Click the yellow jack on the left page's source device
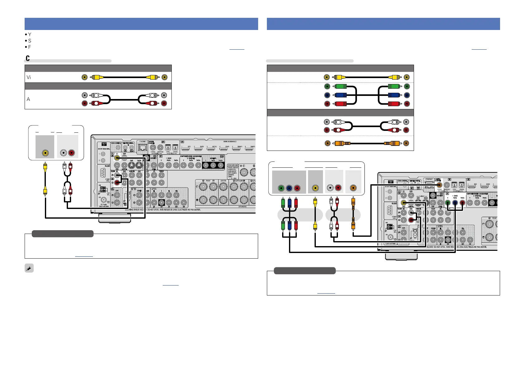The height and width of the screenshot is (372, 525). (46, 153)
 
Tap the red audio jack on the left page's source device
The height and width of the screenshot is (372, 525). (71, 153)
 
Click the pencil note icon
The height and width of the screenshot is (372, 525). (29, 268)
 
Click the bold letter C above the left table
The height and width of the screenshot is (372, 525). (28, 58)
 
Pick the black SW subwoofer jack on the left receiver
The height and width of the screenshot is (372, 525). (161, 202)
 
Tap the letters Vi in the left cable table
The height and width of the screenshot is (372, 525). (29, 77)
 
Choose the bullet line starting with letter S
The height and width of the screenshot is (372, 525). (30, 41)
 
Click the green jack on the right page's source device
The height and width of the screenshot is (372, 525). (281, 188)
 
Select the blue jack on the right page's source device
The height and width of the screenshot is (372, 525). (289, 188)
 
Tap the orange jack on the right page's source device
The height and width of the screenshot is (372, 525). (353, 188)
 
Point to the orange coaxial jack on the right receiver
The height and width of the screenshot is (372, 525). (439, 185)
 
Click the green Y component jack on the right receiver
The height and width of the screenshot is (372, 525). (448, 203)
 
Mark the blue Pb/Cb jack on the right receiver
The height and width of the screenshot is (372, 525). (455, 203)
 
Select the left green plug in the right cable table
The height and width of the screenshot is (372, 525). (340, 87)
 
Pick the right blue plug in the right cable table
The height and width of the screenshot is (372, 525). (393, 95)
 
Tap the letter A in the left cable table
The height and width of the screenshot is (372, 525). (28, 99)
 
